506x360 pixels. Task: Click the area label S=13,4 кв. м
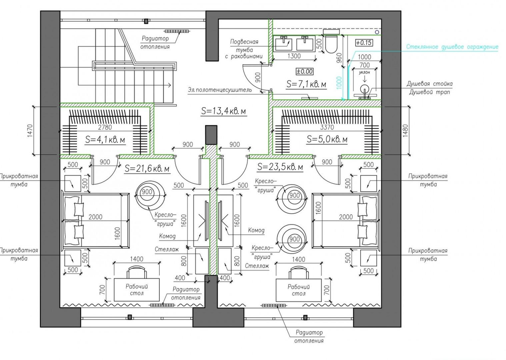(223, 111)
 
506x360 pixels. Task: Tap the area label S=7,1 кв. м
(306, 84)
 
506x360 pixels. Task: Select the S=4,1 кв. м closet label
(105, 140)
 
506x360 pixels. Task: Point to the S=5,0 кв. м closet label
(327, 140)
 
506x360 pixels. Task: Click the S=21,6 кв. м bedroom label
(148, 168)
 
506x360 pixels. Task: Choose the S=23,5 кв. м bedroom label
(280, 167)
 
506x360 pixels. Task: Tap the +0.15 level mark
(364, 42)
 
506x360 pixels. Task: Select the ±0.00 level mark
(305, 71)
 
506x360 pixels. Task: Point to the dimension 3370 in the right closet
(327, 127)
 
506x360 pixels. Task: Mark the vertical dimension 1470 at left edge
(30, 131)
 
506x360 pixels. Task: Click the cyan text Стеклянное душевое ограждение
(452, 47)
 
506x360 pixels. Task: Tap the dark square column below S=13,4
(211, 135)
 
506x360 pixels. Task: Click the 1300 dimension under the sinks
(294, 56)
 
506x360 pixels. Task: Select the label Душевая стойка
(429, 84)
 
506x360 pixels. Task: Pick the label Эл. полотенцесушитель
(219, 90)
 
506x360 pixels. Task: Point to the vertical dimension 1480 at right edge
(405, 131)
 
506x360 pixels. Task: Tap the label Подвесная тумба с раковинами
(244, 49)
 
